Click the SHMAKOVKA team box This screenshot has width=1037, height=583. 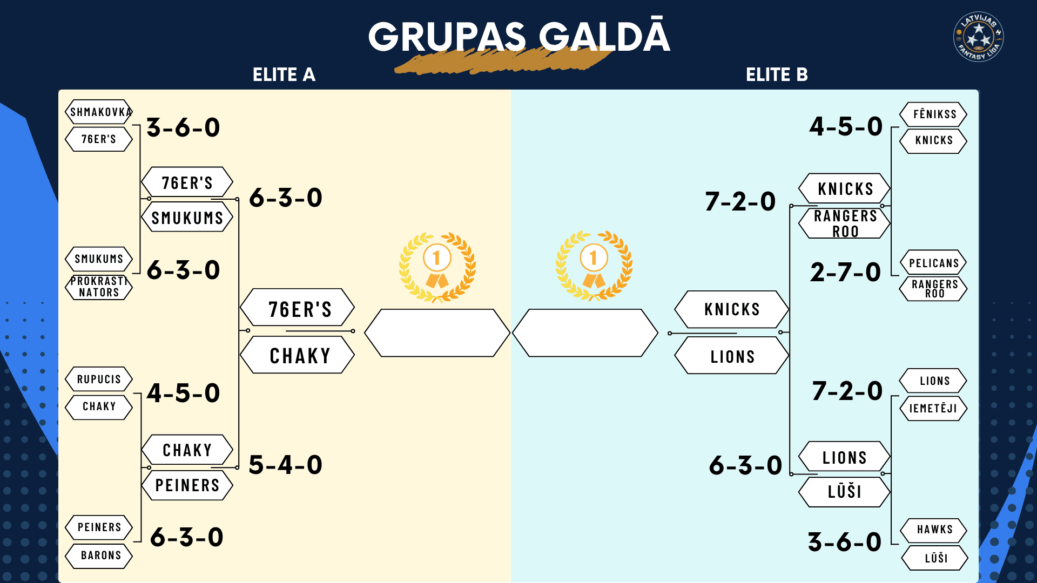99,112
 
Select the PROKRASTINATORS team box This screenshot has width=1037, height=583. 99,287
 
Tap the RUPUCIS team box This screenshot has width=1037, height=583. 99,379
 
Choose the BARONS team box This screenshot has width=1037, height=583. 99,555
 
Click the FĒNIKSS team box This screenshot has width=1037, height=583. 933,114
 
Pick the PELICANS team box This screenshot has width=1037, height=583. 933,263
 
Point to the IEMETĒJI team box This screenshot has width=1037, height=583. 933,408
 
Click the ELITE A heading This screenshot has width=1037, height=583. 284,74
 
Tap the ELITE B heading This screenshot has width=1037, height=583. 777,74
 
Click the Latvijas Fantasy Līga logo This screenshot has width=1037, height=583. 978,36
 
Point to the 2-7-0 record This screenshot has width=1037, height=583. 845,272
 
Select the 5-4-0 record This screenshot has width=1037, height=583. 286,465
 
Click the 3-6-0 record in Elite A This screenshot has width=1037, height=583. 184,127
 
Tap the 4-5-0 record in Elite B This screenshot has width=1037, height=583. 846,126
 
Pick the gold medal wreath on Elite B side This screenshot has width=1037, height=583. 594,266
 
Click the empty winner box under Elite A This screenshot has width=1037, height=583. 437,333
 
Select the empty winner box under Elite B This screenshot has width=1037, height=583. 585,333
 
